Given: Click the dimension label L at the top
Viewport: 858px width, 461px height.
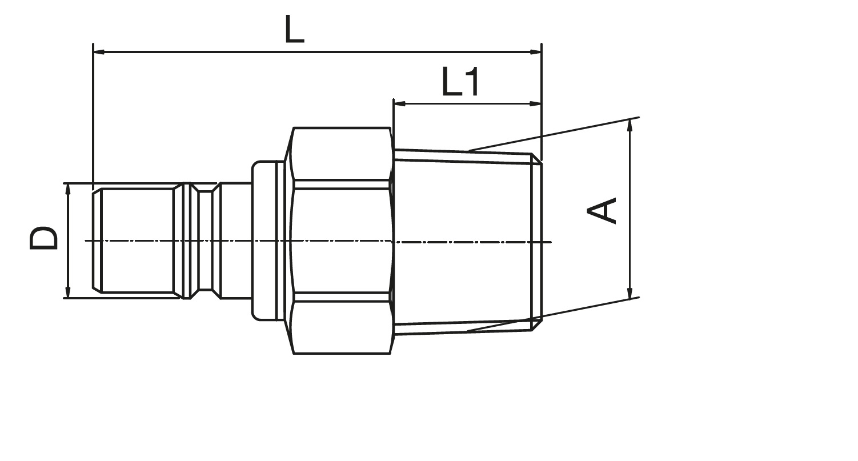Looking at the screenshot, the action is (x=295, y=29).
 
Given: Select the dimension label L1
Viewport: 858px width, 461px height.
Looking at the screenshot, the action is (x=461, y=82).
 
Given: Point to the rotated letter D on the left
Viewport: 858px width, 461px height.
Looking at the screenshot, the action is (x=43, y=238).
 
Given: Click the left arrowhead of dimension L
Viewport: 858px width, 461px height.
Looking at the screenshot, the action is (x=99, y=51).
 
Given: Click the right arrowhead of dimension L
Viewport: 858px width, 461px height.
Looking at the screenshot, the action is (x=535, y=51).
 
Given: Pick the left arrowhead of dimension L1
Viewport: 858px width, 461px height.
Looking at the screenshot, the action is (x=399, y=103).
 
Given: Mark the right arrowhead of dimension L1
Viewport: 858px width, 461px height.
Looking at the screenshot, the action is (x=535, y=103).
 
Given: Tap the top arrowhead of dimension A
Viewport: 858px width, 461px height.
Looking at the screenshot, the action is (x=630, y=126).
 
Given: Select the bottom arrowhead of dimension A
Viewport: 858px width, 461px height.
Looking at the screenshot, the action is (x=630, y=292).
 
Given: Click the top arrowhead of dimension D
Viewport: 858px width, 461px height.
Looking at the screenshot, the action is (x=68, y=190).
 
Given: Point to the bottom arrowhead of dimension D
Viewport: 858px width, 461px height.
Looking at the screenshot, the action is (x=68, y=292).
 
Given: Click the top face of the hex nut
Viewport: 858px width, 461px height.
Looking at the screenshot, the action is (x=341, y=154).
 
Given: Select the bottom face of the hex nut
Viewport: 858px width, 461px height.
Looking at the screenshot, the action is (x=341, y=328).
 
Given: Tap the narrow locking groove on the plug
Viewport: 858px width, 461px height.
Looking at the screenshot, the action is (x=206, y=240).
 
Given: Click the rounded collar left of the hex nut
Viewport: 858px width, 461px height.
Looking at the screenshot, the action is (x=264, y=240).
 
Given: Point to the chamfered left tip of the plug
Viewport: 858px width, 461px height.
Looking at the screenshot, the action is (x=97, y=240).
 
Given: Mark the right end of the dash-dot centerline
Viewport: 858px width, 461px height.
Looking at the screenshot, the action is (x=551, y=242).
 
